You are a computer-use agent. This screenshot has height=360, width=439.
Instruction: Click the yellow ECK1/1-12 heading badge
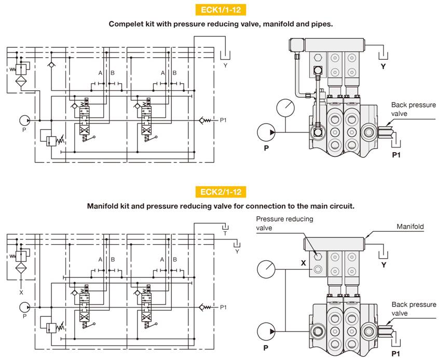pos(220,10)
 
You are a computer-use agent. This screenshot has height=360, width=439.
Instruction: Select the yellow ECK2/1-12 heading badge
pos(220,192)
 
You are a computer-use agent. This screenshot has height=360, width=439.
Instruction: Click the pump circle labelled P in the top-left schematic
pos(25,120)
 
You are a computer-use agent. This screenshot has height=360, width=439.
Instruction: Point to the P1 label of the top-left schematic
pos(223,120)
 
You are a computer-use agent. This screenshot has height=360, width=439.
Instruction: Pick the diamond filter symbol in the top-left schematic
pos(21,81)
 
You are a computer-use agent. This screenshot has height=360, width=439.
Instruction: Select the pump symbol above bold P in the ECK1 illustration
pos(267,132)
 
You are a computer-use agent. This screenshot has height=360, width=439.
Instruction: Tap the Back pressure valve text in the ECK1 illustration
pos(413,109)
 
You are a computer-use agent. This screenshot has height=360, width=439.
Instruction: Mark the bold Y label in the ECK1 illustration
pos(383,66)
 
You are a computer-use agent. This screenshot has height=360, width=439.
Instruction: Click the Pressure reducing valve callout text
pos(284,223)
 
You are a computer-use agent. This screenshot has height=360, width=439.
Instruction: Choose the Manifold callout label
pos(410,226)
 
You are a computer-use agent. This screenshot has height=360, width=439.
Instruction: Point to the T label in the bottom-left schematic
pos(225,234)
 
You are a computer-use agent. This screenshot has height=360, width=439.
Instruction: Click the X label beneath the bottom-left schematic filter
pos(21,291)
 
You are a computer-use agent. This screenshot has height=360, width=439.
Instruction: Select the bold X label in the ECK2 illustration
pos(303,263)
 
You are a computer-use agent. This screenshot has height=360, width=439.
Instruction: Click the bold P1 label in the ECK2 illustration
pos(396,354)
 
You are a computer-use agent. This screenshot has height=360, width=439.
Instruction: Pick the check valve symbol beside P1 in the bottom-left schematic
pos(207,307)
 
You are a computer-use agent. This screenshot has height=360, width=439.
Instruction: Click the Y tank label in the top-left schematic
pos(225,66)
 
